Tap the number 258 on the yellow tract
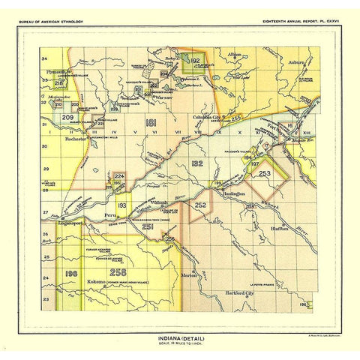[x=118, y=272]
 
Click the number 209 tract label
[x=67, y=118]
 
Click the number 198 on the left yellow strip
[x=72, y=273]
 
